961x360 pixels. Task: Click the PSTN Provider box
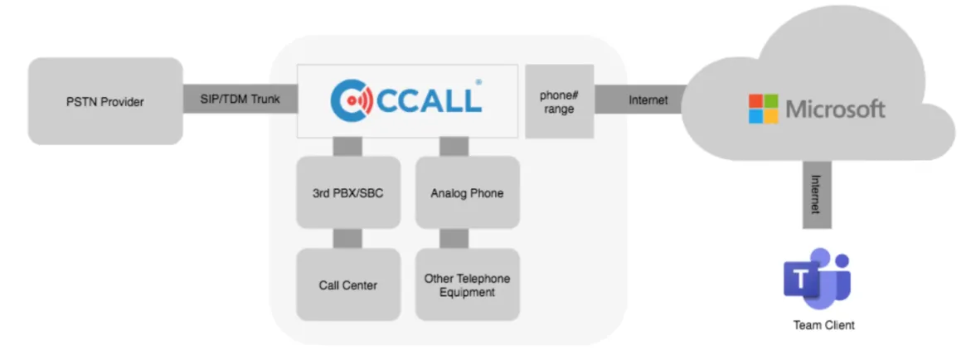[x=105, y=101]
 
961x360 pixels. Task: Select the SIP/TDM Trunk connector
[x=240, y=99]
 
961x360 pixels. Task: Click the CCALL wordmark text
[x=428, y=100]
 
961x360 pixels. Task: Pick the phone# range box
[x=560, y=101]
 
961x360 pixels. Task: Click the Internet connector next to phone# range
[x=640, y=100]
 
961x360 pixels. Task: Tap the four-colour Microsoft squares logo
[x=763, y=109]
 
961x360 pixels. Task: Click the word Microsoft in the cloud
[x=835, y=109]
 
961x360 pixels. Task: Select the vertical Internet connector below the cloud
[x=817, y=194]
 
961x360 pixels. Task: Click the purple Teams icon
[x=817, y=279]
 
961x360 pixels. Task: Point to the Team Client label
[x=823, y=325]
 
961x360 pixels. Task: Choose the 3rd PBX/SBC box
[x=348, y=192]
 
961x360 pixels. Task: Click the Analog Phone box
[x=467, y=192]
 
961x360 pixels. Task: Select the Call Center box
[x=348, y=285]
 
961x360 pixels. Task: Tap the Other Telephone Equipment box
[x=467, y=285]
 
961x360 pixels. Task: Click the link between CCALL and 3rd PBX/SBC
[x=347, y=147]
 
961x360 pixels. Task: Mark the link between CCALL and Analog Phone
[x=454, y=147]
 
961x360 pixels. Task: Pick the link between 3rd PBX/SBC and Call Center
[x=347, y=239]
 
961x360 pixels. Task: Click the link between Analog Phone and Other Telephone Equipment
[x=454, y=239]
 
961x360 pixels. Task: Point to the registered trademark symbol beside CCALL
[x=478, y=82]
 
